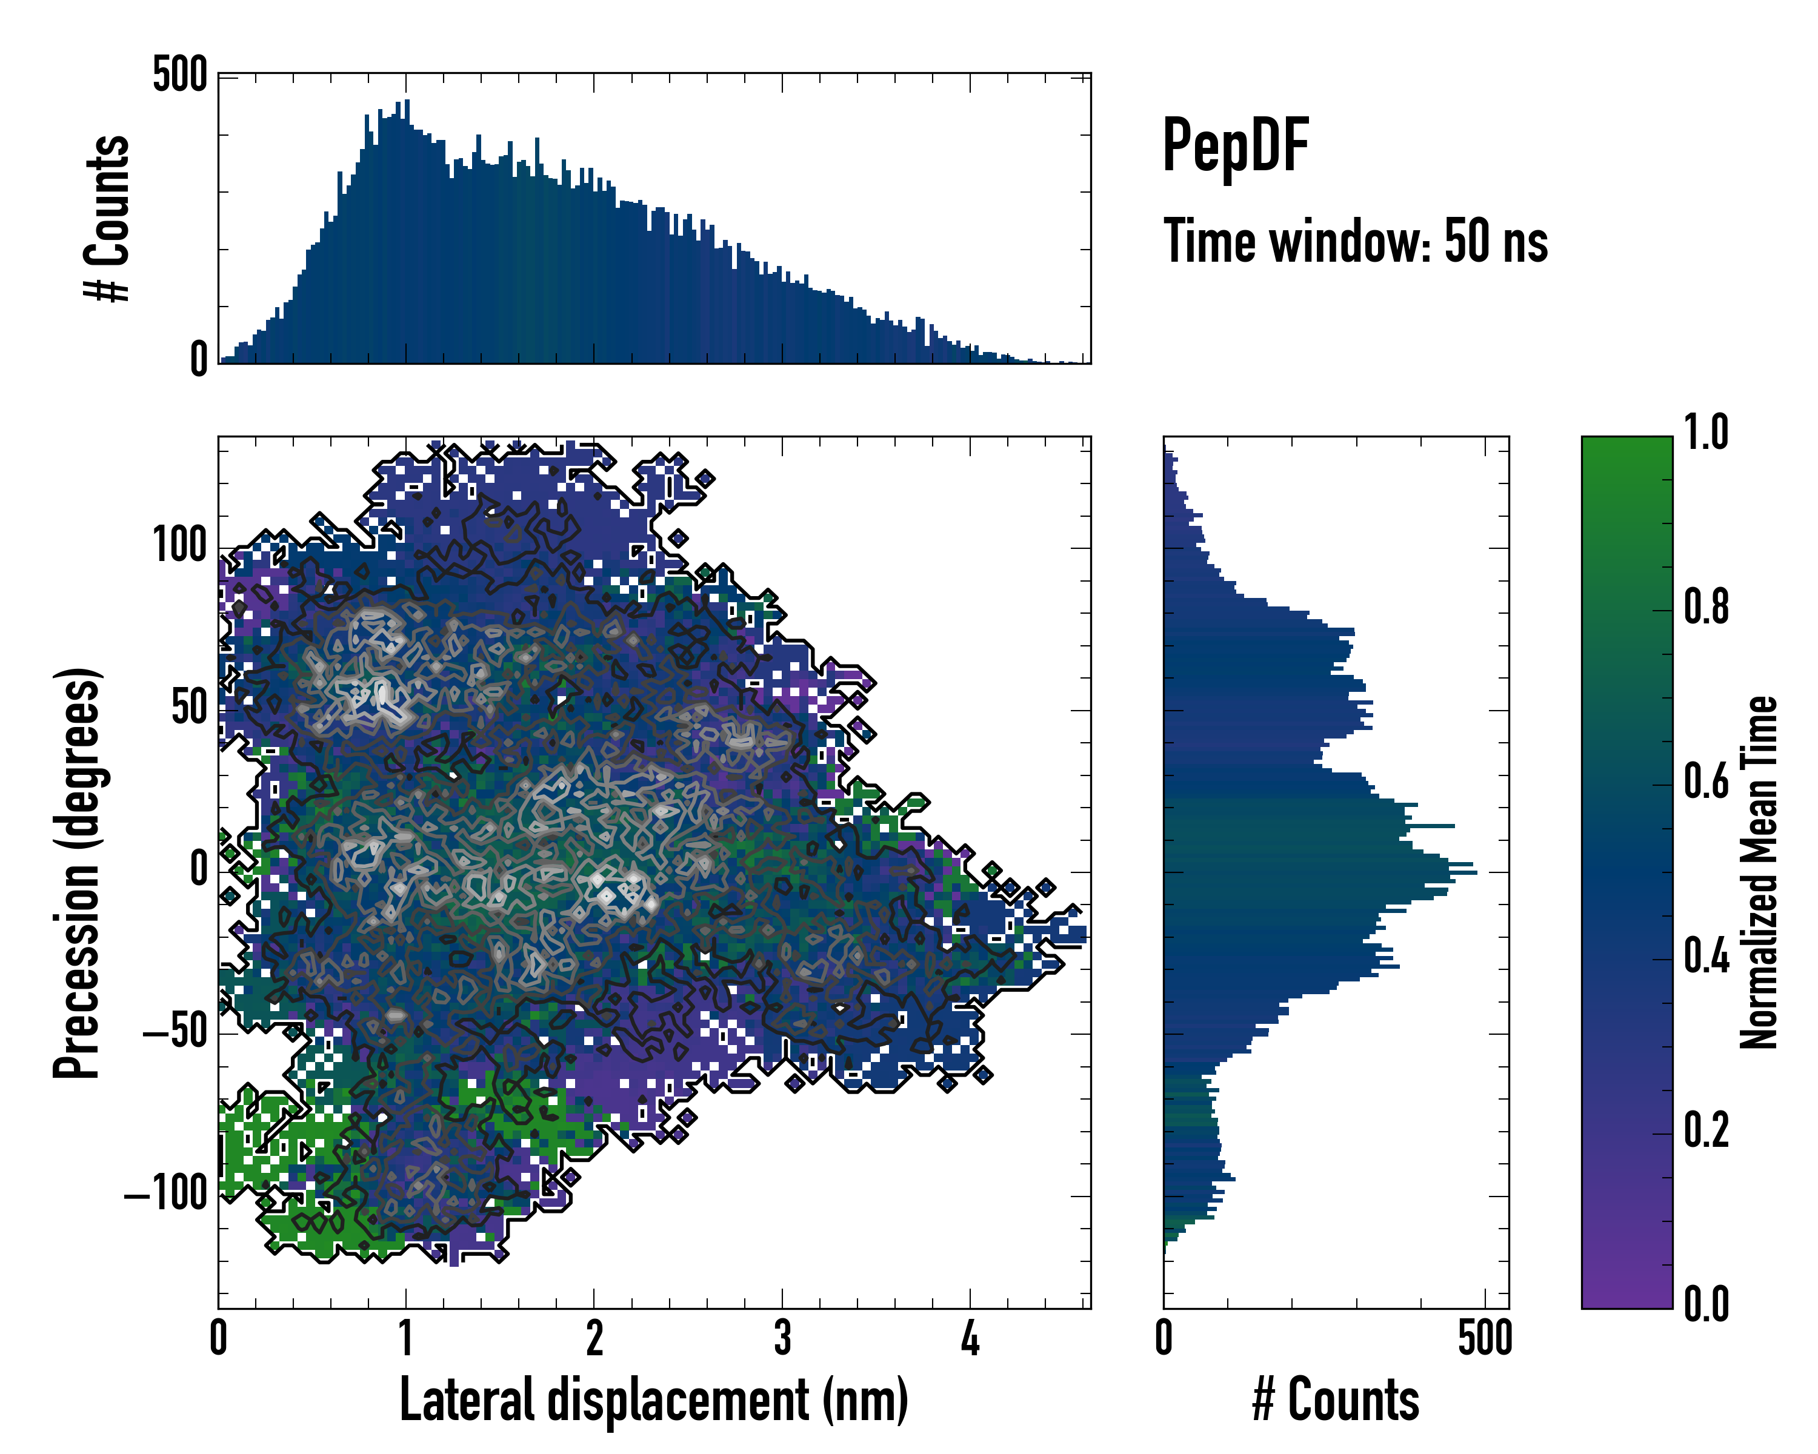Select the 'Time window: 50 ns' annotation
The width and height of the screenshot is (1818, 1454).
click(x=1355, y=242)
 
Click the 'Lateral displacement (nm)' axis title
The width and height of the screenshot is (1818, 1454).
click(x=653, y=1400)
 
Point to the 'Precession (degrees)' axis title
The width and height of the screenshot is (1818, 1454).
click(x=78, y=872)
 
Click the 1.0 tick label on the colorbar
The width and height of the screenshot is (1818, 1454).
click(x=1706, y=433)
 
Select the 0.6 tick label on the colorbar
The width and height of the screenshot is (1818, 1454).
click(x=1706, y=782)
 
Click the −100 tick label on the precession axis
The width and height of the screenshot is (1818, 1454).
click(x=165, y=1193)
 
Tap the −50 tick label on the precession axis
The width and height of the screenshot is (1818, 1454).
click(x=175, y=1032)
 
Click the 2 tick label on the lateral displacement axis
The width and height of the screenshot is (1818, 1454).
click(x=594, y=1338)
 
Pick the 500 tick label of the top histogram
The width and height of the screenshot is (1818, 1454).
click(x=179, y=75)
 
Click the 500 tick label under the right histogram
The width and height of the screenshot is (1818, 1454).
click(x=1485, y=1338)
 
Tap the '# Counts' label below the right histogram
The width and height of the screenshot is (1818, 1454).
click(x=1336, y=1400)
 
